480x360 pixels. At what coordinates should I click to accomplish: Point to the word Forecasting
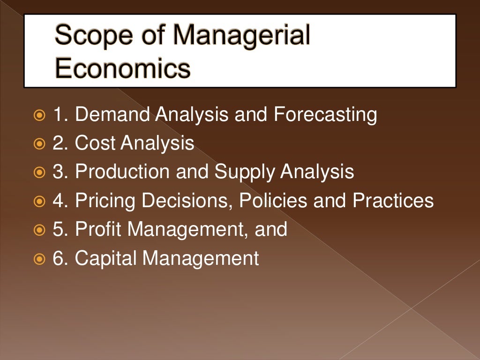click(x=325, y=115)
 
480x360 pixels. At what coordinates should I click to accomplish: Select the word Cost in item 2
click(x=95, y=143)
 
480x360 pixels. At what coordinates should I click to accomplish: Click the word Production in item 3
click(x=123, y=172)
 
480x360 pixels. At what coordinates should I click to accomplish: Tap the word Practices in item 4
click(x=393, y=201)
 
